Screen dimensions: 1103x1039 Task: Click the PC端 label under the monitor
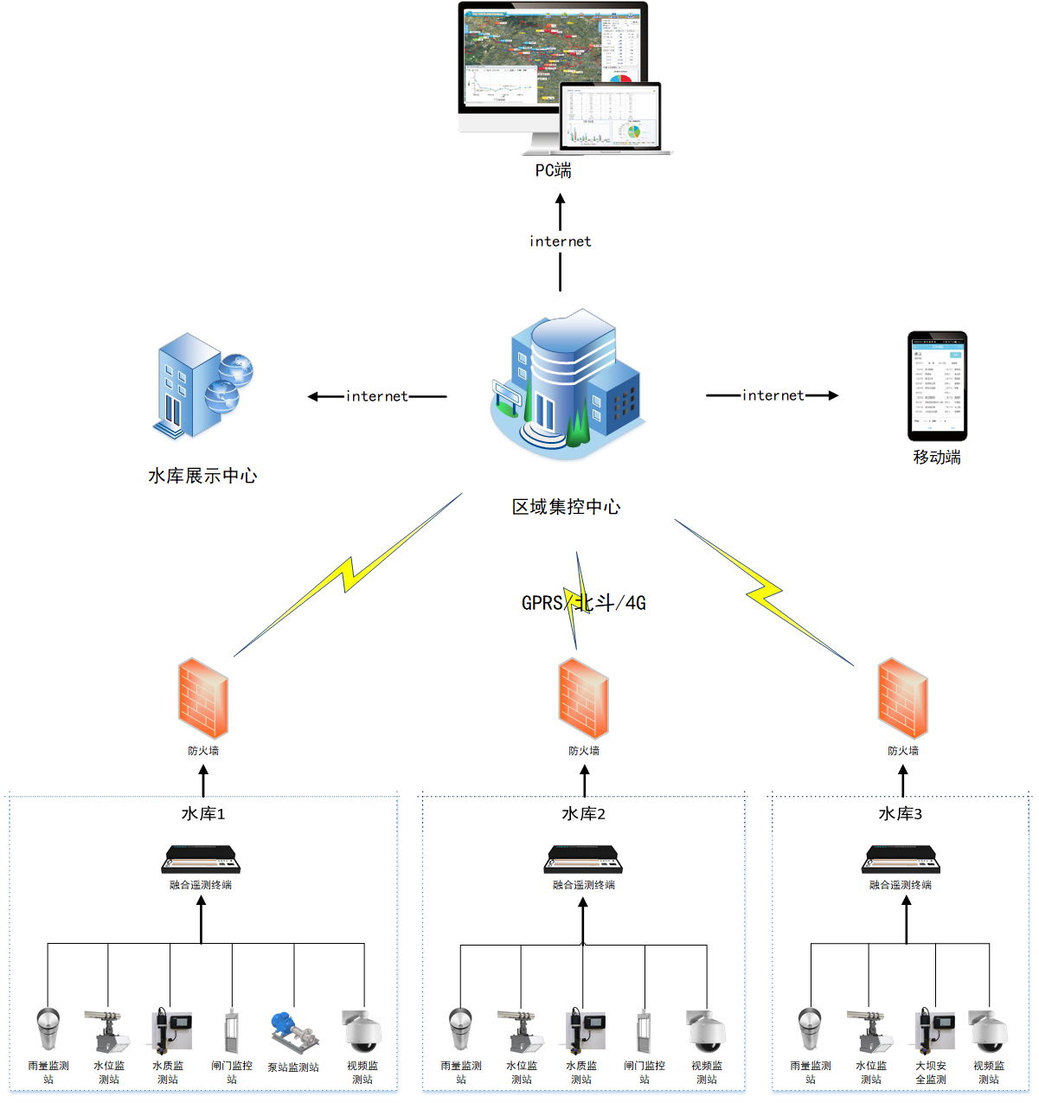[553, 170]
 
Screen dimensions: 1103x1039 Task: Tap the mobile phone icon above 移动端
[937, 386]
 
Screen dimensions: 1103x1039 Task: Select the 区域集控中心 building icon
[567, 386]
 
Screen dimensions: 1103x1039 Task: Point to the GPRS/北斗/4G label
[584, 603]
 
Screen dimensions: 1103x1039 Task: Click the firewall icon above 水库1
[203, 698]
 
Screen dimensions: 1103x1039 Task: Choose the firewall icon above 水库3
[902, 698]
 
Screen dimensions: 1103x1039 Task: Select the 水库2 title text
[584, 814]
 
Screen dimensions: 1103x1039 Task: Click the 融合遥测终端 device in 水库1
[202, 860]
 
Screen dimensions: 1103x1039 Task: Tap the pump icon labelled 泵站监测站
[292, 1029]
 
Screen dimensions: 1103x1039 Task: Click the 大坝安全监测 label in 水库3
[931, 1073]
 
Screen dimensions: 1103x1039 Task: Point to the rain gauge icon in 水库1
[48, 1028]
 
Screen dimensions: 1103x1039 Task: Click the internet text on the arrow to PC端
[561, 241]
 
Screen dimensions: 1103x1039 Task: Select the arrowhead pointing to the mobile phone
[832, 395]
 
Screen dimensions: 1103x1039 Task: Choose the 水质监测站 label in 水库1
[168, 1073]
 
